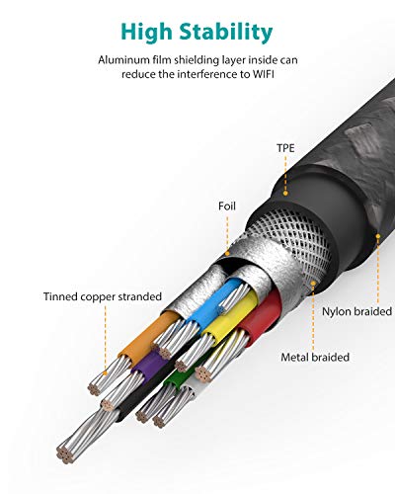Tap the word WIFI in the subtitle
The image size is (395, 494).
(264, 74)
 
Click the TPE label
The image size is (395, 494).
(285, 148)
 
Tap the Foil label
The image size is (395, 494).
(227, 206)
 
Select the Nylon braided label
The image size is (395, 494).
(356, 311)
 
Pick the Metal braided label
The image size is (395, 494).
(315, 358)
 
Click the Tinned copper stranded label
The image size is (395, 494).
(103, 296)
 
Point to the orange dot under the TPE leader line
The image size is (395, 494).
(285, 194)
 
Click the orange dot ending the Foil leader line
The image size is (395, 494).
(227, 254)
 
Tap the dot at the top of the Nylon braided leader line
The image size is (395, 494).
(378, 236)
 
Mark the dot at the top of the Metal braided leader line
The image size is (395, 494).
(313, 283)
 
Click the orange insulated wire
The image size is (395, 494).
(149, 338)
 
